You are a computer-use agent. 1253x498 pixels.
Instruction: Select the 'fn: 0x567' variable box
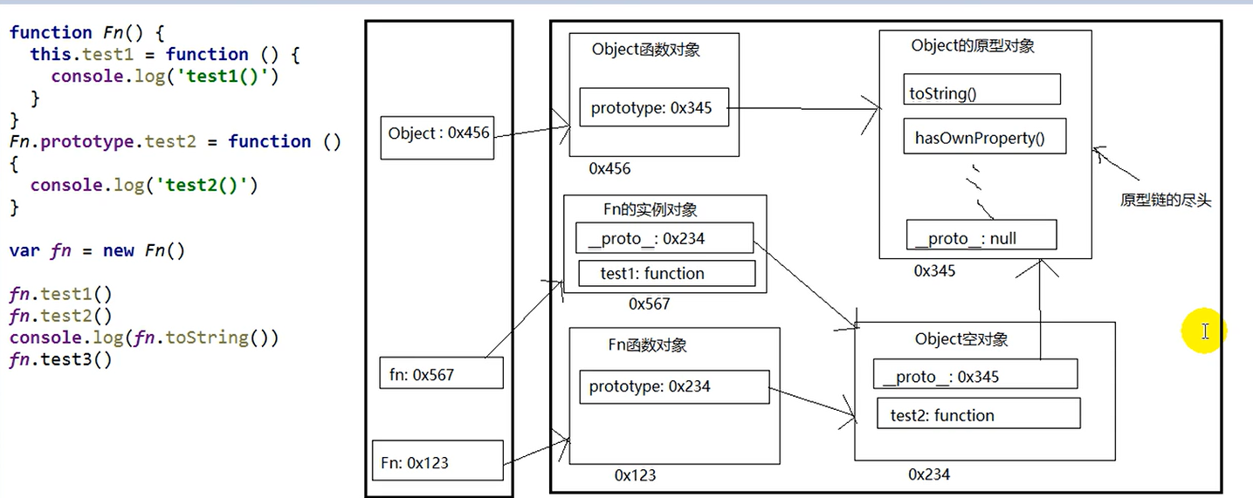(x=442, y=373)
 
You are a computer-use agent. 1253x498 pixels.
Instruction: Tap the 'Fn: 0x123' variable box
(x=438, y=460)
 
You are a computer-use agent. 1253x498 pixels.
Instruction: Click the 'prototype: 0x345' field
(x=654, y=108)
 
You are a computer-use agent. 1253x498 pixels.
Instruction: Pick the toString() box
(x=981, y=90)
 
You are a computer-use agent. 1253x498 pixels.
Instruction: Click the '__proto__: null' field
(x=981, y=236)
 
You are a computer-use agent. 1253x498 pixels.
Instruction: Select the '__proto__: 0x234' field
(x=664, y=238)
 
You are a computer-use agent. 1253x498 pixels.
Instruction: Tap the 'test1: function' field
(x=666, y=273)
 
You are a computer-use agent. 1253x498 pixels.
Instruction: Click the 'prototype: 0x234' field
(x=673, y=386)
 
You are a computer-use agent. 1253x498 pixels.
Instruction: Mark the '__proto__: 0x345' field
(x=974, y=375)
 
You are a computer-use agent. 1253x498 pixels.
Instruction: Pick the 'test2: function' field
(x=978, y=414)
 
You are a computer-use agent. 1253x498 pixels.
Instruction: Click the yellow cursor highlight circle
(x=1204, y=331)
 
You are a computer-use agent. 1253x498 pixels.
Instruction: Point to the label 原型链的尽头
(x=1166, y=201)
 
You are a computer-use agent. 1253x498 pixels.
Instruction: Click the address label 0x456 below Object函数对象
(x=609, y=168)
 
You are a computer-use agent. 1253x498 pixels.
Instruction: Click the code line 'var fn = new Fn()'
(x=98, y=251)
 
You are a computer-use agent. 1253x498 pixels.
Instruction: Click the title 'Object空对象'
(x=960, y=339)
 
